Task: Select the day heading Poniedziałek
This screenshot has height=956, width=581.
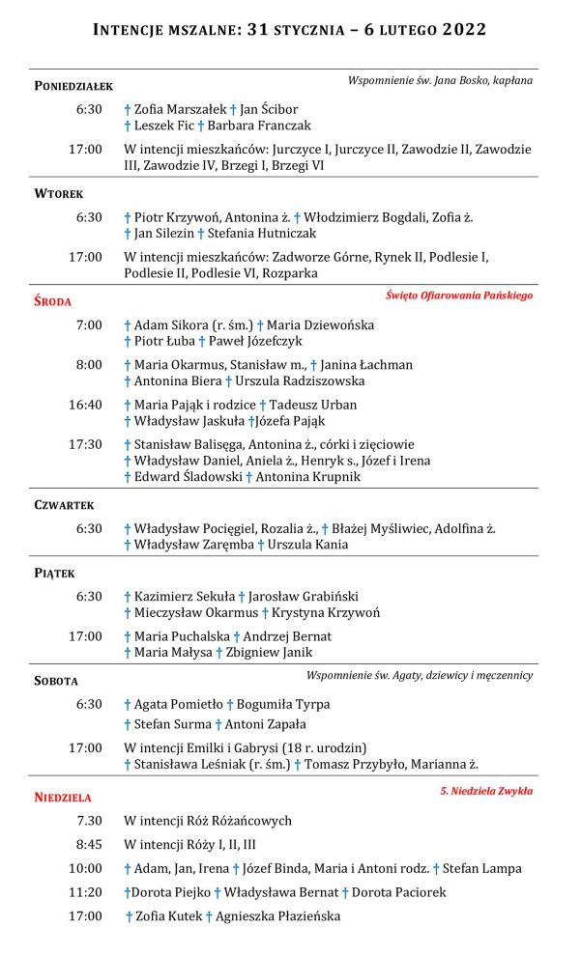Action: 73,86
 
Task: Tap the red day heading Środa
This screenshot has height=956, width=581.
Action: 53,301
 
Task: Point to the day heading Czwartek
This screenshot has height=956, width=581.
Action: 64,505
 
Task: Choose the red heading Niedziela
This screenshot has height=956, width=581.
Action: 63,798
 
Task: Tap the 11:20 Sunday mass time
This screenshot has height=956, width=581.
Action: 85,892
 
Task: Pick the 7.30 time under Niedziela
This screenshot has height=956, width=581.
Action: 86,821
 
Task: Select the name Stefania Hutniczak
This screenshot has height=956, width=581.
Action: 261,233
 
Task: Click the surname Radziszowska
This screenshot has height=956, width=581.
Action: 351,381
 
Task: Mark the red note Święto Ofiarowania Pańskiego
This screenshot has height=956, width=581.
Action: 458,295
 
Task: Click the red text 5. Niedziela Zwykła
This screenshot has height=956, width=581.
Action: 485,791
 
